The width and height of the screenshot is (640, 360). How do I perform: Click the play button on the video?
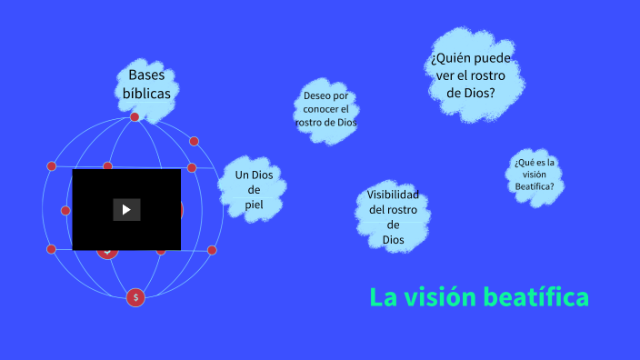coord(126,210)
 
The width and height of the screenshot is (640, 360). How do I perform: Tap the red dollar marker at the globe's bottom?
coord(135,297)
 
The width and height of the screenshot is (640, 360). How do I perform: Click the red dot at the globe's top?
coord(135,116)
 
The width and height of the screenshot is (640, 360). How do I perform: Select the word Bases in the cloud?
coord(146,75)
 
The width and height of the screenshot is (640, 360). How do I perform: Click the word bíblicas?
coord(146,93)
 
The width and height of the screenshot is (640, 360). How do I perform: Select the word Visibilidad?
coord(393,195)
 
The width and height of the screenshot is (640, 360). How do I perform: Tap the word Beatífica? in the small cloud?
coord(534,186)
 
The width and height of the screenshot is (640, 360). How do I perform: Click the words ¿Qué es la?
coord(534,163)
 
